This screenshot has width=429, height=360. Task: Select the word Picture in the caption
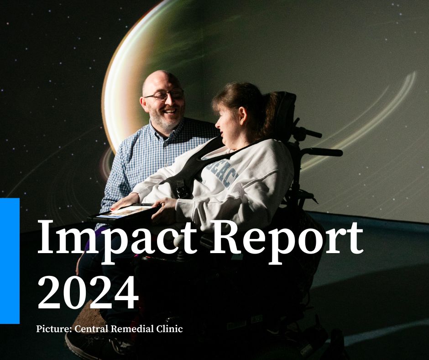(x=52, y=328)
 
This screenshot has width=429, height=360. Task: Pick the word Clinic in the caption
(x=170, y=328)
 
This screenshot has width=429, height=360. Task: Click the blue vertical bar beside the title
(x=10, y=260)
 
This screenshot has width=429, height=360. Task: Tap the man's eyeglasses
(x=163, y=95)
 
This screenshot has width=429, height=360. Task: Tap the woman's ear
(x=229, y=120)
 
